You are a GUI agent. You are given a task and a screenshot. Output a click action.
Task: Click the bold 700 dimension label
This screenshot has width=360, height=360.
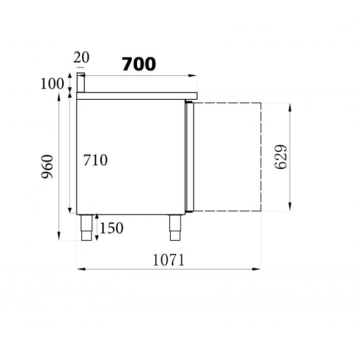[139, 64]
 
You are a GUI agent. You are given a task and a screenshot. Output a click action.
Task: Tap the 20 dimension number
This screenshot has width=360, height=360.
[81, 58]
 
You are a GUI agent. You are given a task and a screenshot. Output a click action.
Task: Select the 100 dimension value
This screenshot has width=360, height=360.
[52, 83]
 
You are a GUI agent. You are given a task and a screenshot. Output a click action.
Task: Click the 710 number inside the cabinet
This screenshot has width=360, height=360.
[95, 160]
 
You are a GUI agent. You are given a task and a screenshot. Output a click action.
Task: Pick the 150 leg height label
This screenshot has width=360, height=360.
[111, 227]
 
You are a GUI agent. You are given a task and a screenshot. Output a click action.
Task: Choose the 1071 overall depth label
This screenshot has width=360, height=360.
[168, 260]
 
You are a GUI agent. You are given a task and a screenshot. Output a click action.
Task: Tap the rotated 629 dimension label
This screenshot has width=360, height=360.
[281, 157]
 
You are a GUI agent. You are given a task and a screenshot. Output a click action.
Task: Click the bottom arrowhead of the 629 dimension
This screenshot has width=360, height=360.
[291, 208]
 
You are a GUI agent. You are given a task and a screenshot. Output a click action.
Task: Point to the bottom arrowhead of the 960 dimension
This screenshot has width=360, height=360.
[60, 237]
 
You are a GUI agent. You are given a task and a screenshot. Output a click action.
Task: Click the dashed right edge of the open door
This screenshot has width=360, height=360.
[261, 157]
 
